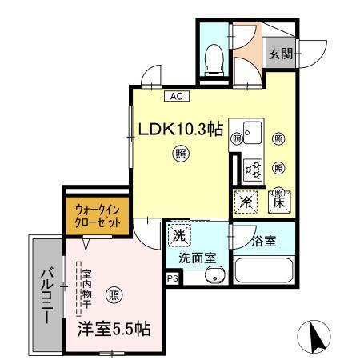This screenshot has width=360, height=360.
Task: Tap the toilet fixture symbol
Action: click(x=214, y=57)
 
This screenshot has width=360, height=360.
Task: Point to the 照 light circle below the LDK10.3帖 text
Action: click(x=182, y=154)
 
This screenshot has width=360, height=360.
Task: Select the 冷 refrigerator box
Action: click(x=246, y=203)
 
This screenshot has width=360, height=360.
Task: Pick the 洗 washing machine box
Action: click(x=177, y=238)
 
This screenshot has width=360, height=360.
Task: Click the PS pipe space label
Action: click(x=173, y=278)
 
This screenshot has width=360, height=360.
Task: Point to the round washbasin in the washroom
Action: click(x=213, y=276)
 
